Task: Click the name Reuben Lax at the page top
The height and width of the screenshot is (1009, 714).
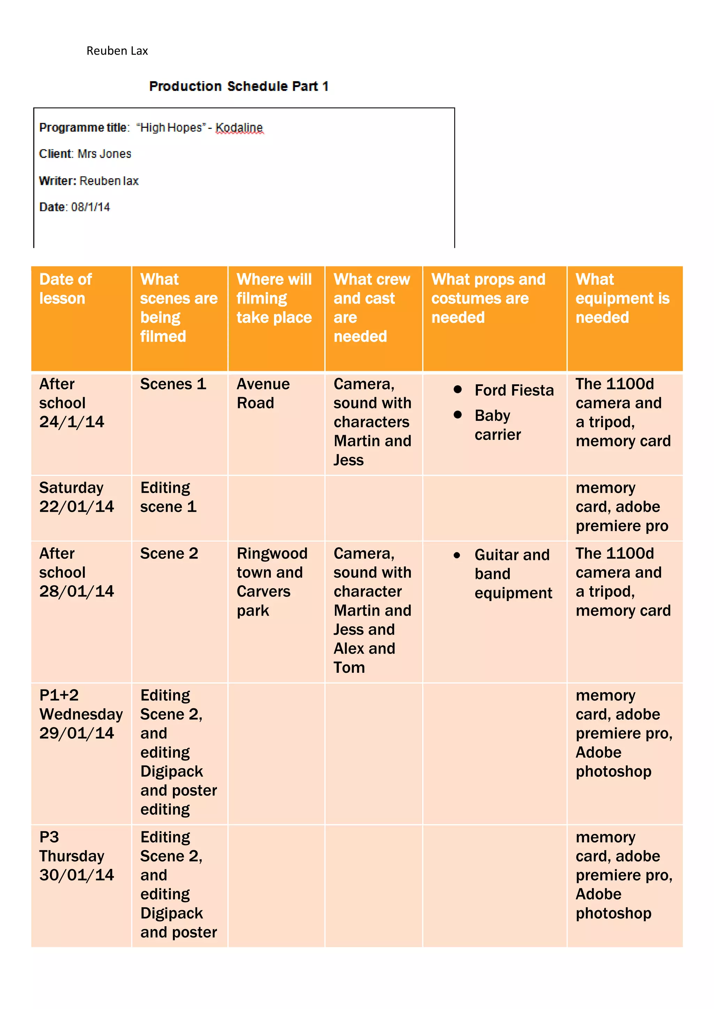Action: (x=117, y=51)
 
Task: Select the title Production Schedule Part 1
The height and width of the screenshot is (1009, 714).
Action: (x=238, y=86)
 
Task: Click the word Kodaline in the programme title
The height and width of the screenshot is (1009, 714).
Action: (x=239, y=128)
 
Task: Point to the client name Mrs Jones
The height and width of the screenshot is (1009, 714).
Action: (x=104, y=154)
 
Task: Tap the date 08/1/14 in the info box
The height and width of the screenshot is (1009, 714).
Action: (x=91, y=207)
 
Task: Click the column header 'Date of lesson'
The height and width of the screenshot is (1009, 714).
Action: (x=66, y=289)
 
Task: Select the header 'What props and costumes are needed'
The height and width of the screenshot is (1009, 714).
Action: (x=488, y=298)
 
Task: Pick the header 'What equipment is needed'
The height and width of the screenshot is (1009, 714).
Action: (x=622, y=298)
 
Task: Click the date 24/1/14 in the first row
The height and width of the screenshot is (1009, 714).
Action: (x=72, y=422)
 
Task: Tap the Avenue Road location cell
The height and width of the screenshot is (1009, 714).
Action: (x=263, y=393)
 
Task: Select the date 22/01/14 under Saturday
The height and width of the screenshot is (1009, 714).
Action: (x=76, y=507)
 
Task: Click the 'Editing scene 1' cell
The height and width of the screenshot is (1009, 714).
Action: (x=168, y=497)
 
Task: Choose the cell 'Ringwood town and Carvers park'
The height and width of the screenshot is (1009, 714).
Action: (x=272, y=581)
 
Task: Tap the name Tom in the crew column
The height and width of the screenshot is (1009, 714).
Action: (x=349, y=668)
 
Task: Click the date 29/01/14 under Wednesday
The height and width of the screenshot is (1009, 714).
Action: (x=76, y=733)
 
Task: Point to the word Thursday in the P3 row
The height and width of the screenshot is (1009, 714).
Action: (x=72, y=856)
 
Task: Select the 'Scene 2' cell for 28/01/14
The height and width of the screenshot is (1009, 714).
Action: (x=169, y=553)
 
